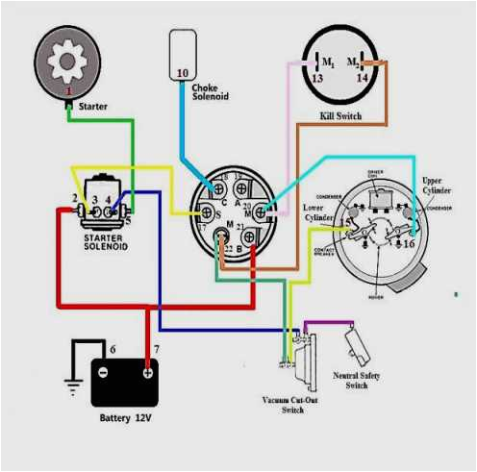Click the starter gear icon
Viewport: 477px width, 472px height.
(x=67, y=62)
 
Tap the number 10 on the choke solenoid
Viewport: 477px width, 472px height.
(x=183, y=73)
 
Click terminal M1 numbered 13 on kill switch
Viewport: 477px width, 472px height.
(x=316, y=79)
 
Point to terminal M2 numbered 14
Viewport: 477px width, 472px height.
(x=363, y=79)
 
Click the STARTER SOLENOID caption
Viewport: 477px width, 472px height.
(x=102, y=241)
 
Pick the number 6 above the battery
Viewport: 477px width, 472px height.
(x=113, y=349)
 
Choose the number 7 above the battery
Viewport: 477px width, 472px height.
(x=156, y=349)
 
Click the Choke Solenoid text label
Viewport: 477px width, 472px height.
(x=211, y=93)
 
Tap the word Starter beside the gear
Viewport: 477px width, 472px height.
(x=93, y=106)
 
